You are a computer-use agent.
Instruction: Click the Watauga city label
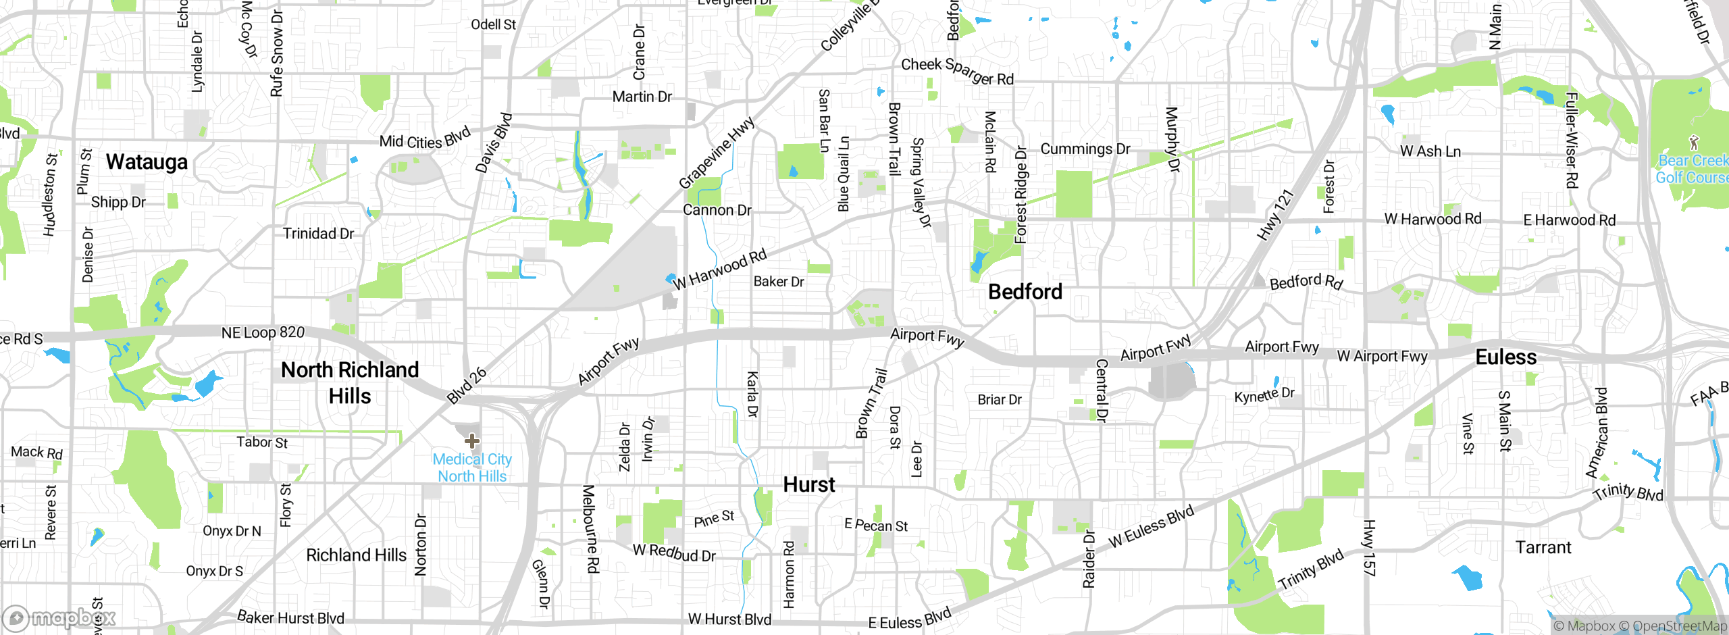click(x=147, y=163)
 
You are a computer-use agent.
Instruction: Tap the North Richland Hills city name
click(x=350, y=382)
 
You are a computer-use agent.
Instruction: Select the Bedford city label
click(x=1025, y=292)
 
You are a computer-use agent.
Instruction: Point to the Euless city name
click(x=1505, y=357)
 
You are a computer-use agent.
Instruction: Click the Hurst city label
click(x=808, y=484)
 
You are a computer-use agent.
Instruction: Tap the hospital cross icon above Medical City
click(x=472, y=441)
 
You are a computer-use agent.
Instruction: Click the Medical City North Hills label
click(x=472, y=467)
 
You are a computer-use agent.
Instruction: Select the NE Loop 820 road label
click(x=263, y=332)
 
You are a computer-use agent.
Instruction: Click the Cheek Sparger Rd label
click(x=957, y=71)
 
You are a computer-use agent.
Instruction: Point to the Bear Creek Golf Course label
click(x=1693, y=169)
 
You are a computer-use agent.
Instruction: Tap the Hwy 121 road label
click(x=1274, y=215)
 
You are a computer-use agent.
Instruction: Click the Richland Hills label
click(x=356, y=555)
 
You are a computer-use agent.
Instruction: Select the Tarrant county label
click(x=1543, y=547)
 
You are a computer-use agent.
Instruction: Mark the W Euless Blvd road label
click(x=1151, y=526)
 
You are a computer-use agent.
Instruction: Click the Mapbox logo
click(x=59, y=617)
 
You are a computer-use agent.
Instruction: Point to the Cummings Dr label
click(x=1085, y=149)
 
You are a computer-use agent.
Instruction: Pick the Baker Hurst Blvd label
click(x=290, y=617)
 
